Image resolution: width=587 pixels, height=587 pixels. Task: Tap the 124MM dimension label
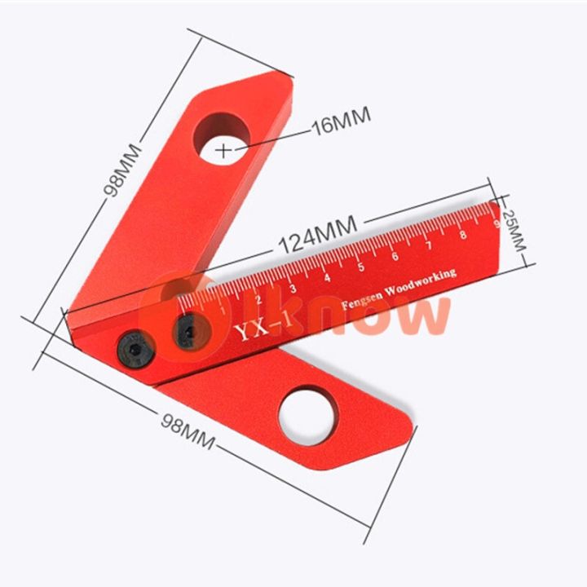pos(317,233)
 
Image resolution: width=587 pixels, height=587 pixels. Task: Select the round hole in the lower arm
pos(307,412)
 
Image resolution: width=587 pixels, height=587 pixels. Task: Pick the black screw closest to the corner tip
pos(131,351)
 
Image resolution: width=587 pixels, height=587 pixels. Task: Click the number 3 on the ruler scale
pos(293,289)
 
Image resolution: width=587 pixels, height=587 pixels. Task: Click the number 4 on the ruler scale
pos(327,278)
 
